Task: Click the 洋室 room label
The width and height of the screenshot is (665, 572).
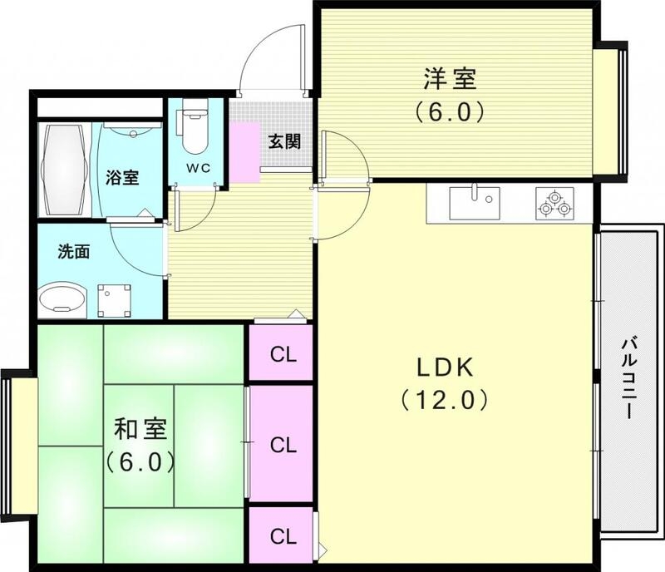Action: [x=450, y=80]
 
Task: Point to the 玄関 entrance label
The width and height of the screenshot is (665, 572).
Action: [x=283, y=141]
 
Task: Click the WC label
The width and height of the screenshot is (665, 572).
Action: [x=197, y=167]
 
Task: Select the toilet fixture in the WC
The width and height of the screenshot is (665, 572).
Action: [x=195, y=128]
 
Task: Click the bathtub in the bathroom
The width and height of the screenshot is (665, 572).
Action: [x=64, y=170]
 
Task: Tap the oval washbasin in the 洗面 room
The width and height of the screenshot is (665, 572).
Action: [x=64, y=297]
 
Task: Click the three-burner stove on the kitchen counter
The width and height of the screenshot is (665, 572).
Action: [x=555, y=204]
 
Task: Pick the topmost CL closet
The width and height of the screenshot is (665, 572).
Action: [x=283, y=354]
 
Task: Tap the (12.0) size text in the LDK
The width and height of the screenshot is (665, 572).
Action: [x=440, y=401]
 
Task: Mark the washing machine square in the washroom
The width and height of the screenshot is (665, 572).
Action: [x=115, y=297]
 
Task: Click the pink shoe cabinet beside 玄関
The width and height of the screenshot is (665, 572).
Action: [x=246, y=150]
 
